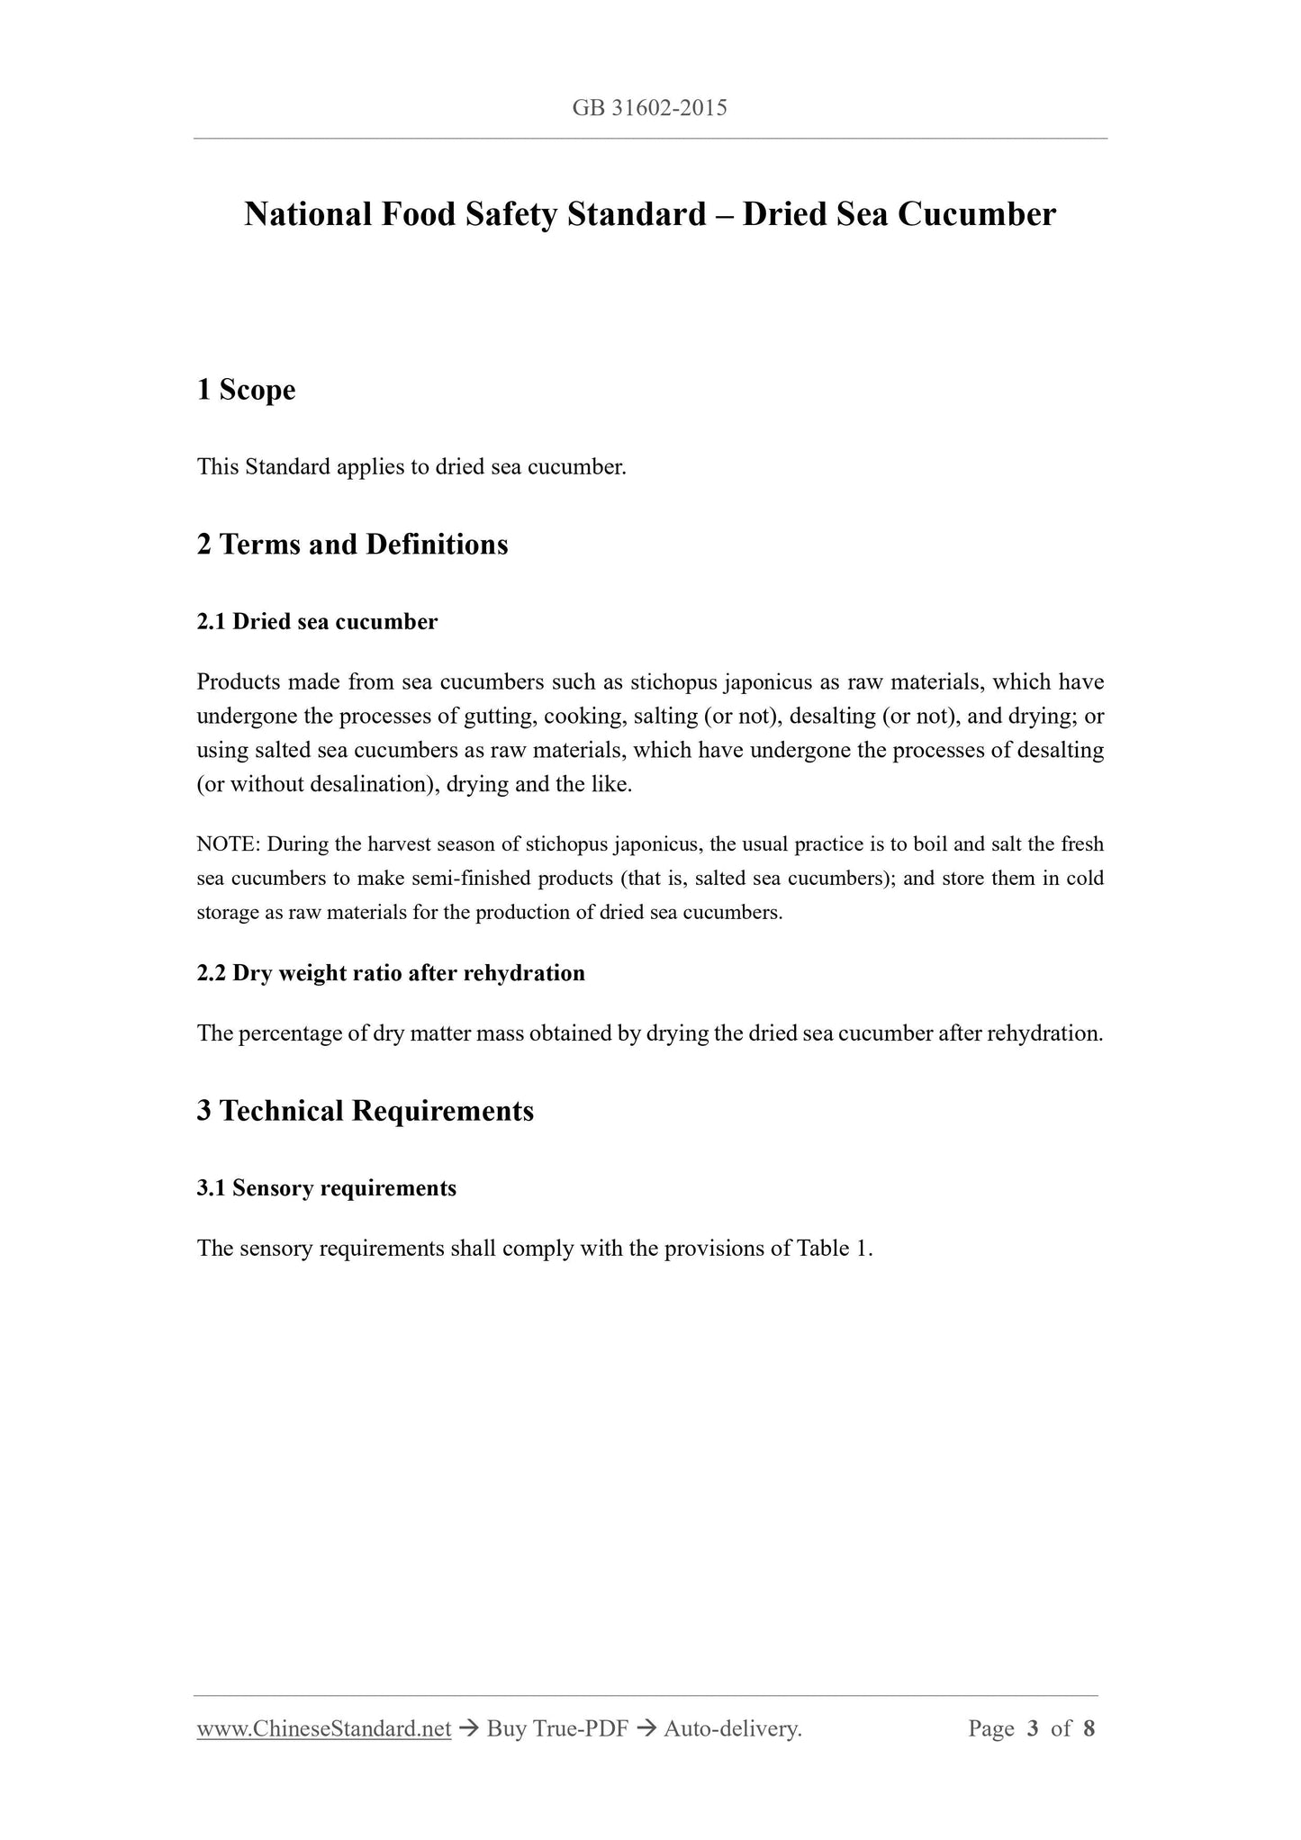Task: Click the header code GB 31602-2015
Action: coord(649,109)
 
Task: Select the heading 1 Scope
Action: coord(246,390)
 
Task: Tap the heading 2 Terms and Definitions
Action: coord(352,545)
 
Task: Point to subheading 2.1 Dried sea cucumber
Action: coord(317,622)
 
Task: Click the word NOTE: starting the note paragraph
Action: coord(228,844)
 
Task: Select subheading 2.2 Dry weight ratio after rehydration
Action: coord(391,973)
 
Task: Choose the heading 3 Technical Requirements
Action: coord(365,1111)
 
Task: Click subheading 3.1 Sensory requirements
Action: coord(326,1188)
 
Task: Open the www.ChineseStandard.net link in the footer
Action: coord(324,1728)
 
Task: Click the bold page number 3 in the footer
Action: coord(1033,1728)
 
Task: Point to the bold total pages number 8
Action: coord(1089,1728)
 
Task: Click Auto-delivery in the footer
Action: coord(731,1728)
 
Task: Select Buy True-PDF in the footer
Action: coord(556,1728)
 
